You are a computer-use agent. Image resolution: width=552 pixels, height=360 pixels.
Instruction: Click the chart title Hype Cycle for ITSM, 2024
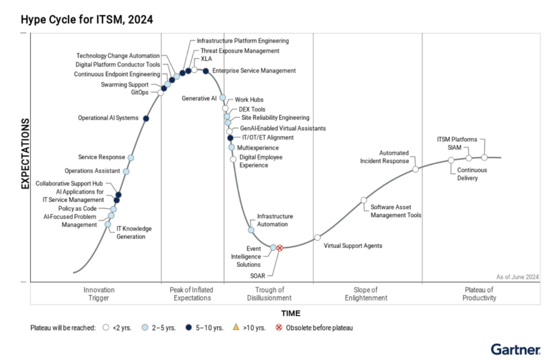(87, 20)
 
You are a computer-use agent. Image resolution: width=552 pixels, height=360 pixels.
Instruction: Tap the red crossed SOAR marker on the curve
(280, 247)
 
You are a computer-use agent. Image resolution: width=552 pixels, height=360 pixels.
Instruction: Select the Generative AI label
(199, 99)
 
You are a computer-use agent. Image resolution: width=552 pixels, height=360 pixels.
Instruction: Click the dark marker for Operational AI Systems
(146, 119)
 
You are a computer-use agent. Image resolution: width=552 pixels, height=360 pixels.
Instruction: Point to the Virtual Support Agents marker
(318, 238)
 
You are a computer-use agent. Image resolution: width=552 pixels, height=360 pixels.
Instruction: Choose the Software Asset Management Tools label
(396, 211)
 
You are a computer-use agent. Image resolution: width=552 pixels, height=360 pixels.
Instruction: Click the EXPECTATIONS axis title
(25, 154)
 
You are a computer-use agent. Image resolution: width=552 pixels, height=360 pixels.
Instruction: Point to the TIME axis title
(291, 313)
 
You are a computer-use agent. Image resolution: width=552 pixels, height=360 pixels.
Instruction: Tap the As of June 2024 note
(517, 276)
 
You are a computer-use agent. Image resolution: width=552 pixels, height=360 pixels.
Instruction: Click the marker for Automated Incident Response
(416, 169)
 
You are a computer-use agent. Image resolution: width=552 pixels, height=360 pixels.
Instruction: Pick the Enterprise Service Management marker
(205, 71)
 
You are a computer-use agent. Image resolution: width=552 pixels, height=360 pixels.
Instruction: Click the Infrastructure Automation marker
(251, 230)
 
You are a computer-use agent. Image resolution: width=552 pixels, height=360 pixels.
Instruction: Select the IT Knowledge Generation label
(131, 232)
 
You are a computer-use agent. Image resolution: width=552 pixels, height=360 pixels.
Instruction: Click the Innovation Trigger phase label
(99, 294)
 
